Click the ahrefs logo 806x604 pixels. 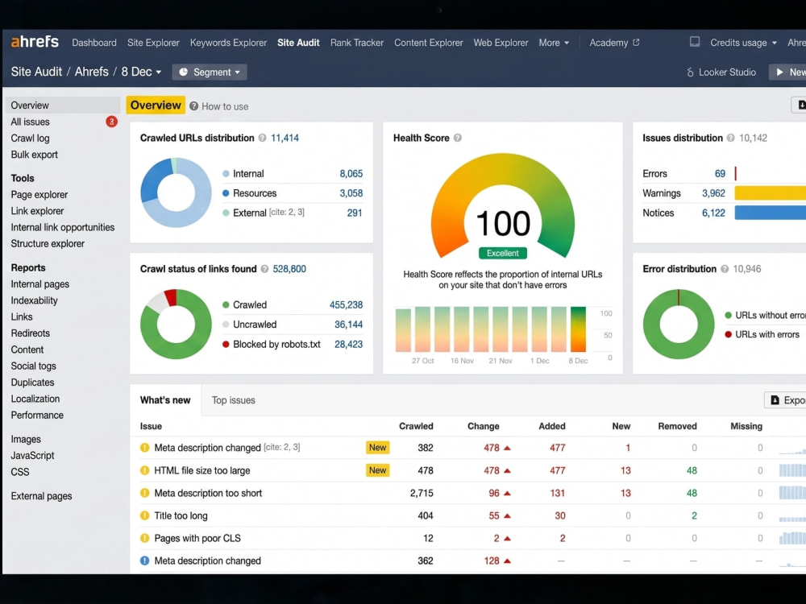click(35, 42)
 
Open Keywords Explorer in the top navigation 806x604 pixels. click(228, 43)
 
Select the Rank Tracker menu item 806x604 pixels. click(357, 43)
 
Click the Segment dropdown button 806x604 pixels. click(210, 72)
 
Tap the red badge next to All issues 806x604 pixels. click(111, 122)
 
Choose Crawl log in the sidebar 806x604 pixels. click(31, 139)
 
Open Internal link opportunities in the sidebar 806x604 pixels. click(63, 227)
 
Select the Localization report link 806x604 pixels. click(35, 399)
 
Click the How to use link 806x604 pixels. click(219, 106)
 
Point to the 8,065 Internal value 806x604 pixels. click(351, 174)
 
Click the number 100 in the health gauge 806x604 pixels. click(503, 223)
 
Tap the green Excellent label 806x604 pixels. click(503, 253)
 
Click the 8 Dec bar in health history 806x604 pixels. click(578, 329)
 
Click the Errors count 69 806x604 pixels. click(720, 174)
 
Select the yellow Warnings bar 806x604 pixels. click(770, 193)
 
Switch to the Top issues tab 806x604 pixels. click(234, 400)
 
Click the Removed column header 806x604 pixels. click(678, 426)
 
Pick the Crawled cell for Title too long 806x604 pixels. click(425, 515)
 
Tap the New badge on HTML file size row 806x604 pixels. click(377, 470)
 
